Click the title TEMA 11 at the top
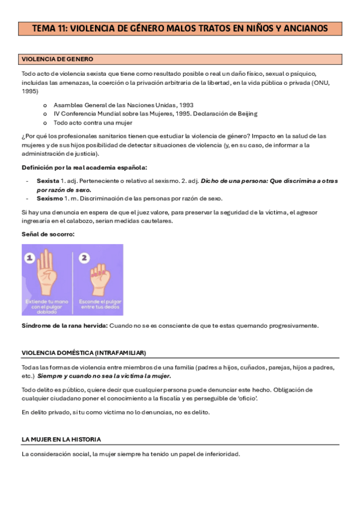179,28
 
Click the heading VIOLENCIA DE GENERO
57,59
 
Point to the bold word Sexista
47,180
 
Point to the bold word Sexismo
49,198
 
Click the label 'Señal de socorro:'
47,234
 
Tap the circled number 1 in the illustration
31,257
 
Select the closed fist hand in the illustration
99,277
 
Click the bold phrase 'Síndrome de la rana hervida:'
64,325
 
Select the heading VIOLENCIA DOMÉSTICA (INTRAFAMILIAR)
84,352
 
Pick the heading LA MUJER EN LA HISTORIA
61,440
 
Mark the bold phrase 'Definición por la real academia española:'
84,167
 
